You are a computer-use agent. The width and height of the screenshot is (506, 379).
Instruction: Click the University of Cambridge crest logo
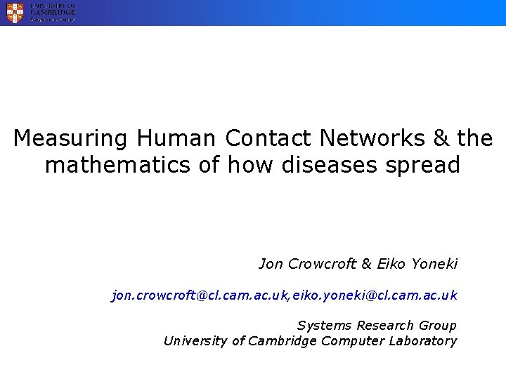pyautogui.click(x=15, y=12)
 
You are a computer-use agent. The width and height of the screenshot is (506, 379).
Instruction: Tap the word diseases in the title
pyautogui.click(x=340, y=166)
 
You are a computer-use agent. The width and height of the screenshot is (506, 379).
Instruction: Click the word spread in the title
pyautogui.click(x=425, y=166)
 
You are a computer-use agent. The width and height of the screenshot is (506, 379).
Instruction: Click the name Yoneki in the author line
pyautogui.click(x=433, y=264)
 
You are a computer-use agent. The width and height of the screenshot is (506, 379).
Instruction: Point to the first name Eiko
pyautogui.click(x=391, y=264)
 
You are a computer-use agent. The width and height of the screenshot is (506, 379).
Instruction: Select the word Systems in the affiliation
pyautogui.click(x=324, y=326)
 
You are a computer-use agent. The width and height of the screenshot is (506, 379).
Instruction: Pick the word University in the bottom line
pyautogui.click(x=195, y=341)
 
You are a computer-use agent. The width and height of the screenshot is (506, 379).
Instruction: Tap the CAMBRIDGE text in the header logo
pyautogui.click(x=52, y=12)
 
